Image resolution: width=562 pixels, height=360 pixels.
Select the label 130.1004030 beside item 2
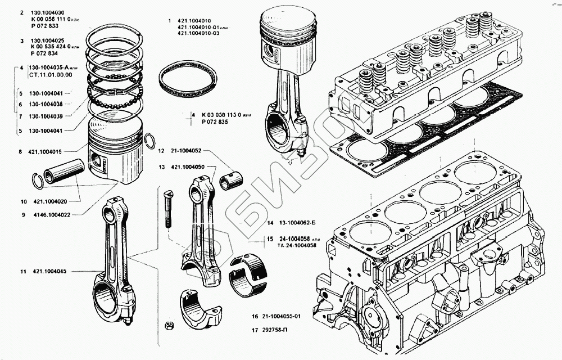[49, 12]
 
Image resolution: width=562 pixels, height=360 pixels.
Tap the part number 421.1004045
[47, 272]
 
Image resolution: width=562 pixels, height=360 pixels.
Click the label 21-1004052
[184, 151]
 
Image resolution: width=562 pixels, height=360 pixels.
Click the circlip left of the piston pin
[38, 182]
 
